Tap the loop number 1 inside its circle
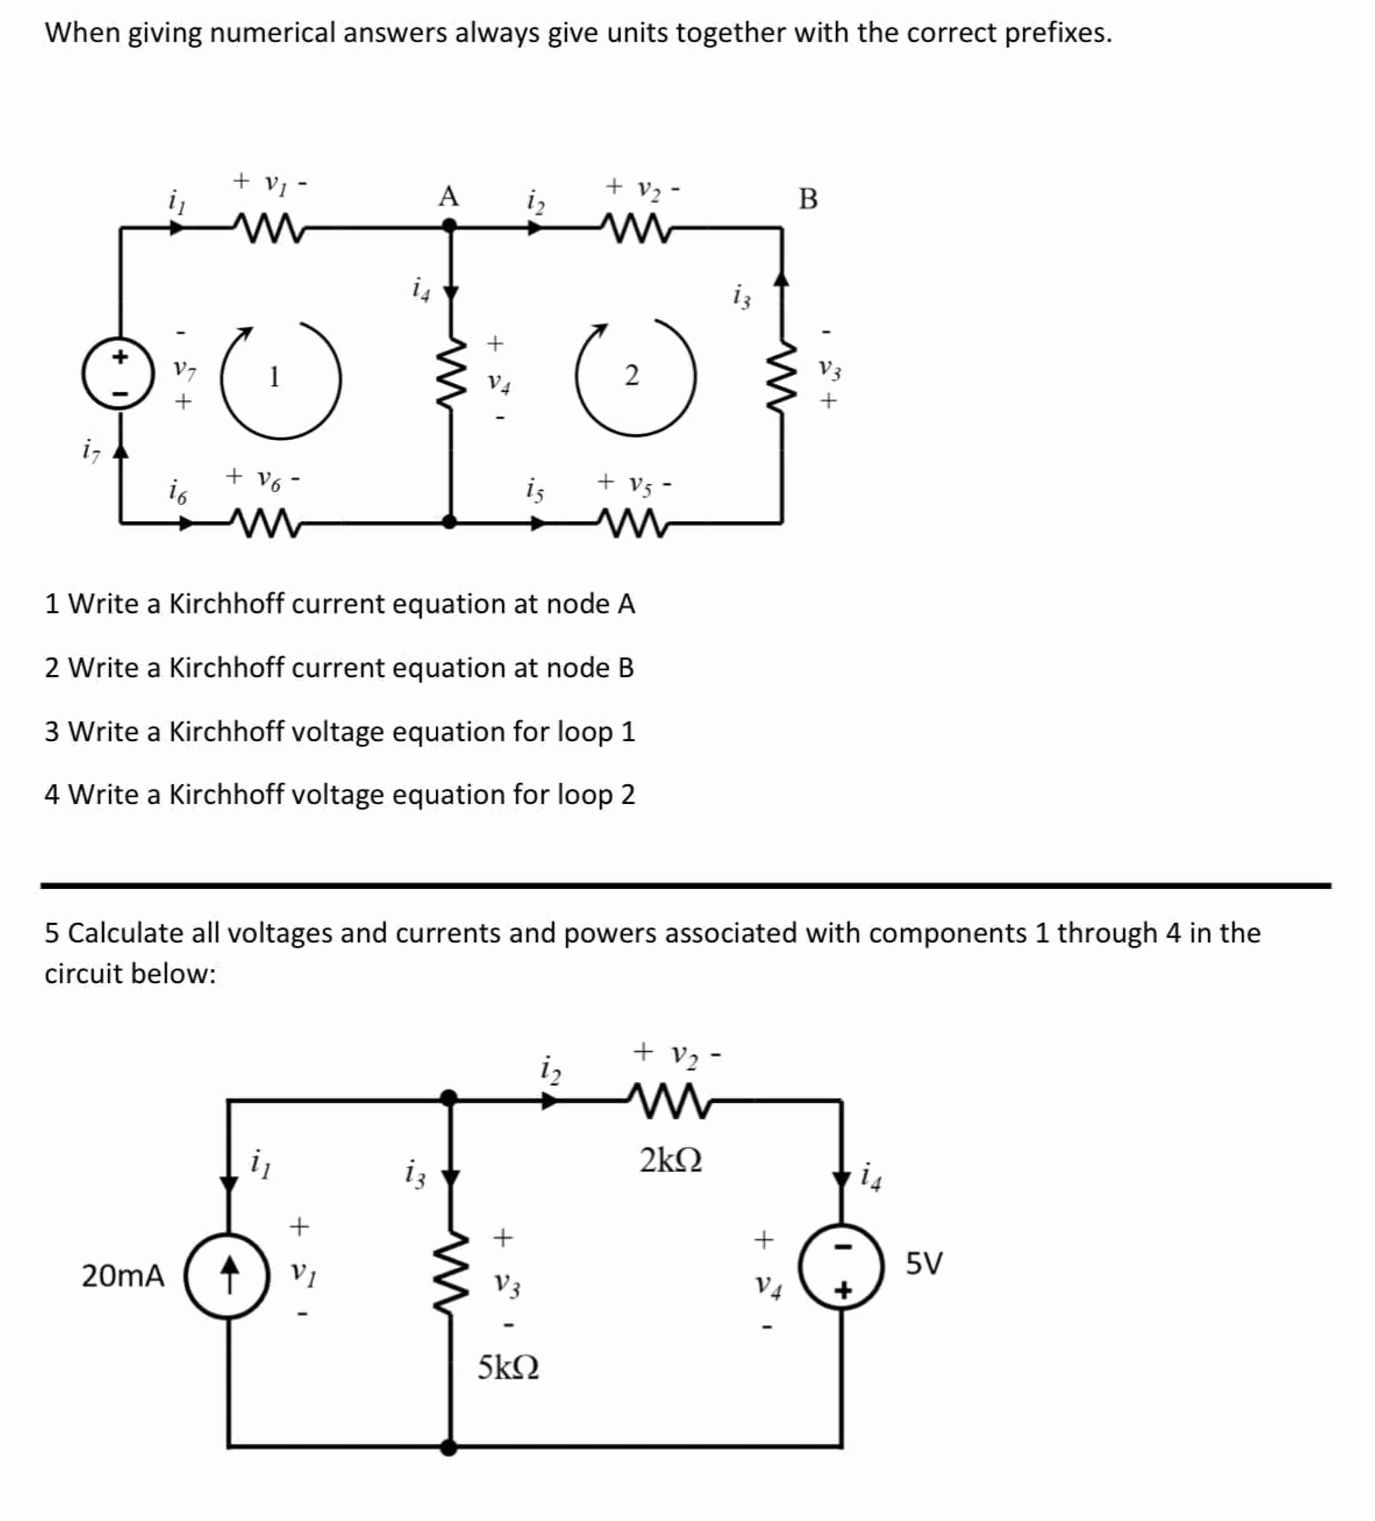(274, 376)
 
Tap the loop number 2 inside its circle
(631, 375)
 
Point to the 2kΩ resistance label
(671, 1160)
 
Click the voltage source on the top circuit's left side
(119, 373)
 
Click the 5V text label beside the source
(923, 1263)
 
